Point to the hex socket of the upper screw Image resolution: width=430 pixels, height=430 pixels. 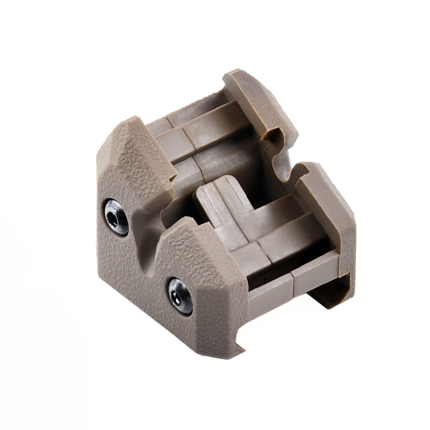[x=114, y=218]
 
